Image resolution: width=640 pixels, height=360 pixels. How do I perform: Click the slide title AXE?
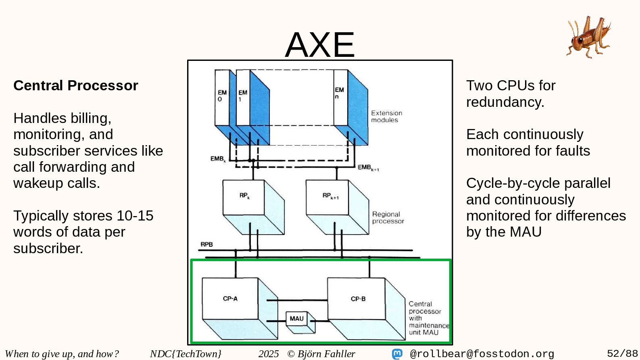click(320, 44)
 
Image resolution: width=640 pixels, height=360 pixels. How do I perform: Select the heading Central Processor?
click(76, 85)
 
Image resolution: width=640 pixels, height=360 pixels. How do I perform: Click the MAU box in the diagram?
click(297, 318)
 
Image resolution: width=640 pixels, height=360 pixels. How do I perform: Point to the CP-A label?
click(230, 299)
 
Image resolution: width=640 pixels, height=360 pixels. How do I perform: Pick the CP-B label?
click(358, 299)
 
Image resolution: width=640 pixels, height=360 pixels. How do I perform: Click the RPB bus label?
click(206, 244)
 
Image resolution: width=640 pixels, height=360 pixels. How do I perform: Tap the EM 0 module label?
click(222, 96)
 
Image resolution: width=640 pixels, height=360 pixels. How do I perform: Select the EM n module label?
click(339, 93)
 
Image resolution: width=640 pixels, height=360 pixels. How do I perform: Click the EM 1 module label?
click(242, 96)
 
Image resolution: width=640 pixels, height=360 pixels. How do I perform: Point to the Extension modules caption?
click(386, 117)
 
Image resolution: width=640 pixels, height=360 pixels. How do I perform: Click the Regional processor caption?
click(388, 218)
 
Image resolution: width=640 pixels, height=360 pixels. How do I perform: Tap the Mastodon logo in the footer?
click(397, 354)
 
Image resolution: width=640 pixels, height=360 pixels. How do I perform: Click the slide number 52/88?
click(622, 354)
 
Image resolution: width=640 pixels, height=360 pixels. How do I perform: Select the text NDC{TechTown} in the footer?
click(186, 354)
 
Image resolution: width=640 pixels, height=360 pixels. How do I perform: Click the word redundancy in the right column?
click(505, 102)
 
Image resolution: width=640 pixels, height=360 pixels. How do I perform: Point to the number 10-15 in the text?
click(135, 216)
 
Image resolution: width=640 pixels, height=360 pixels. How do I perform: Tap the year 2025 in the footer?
click(269, 354)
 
